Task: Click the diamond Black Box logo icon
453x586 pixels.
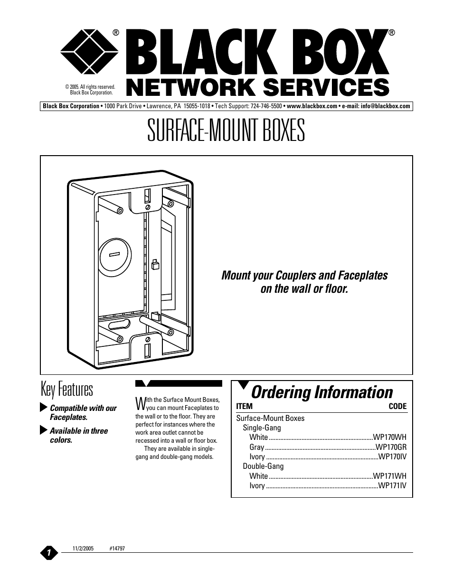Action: pyautogui.click(x=89, y=52)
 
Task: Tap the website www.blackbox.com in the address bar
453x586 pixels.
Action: pyautogui.click(x=312, y=106)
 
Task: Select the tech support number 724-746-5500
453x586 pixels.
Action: pyautogui.click(x=266, y=106)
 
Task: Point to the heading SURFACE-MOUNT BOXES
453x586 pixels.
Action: pyautogui.click(x=226, y=130)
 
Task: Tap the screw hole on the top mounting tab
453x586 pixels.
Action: pyautogui.click(x=148, y=207)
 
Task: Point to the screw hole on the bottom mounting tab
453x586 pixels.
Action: pyautogui.click(x=148, y=339)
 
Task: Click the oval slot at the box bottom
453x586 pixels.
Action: pyautogui.click(x=119, y=325)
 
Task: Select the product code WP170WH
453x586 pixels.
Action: pyautogui.click(x=389, y=437)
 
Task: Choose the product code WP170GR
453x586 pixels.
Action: pyautogui.click(x=391, y=447)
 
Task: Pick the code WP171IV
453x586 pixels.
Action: pyautogui.click(x=392, y=485)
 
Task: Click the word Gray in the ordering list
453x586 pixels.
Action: pyautogui.click(x=256, y=447)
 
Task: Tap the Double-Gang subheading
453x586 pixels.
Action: pyautogui.click(x=263, y=466)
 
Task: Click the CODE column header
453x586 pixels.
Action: pyautogui.click(x=397, y=406)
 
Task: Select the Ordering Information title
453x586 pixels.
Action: pyautogui.click(x=322, y=392)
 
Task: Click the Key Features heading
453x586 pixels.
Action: pyautogui.click(x=66, y=389)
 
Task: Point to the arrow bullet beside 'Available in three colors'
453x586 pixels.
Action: pyautogui.click(x=44, y=430)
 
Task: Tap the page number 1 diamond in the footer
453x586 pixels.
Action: pyautogui.click(x=49, y=552)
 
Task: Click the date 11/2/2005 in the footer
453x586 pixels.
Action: pyautogui.click(x=83, y=549)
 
